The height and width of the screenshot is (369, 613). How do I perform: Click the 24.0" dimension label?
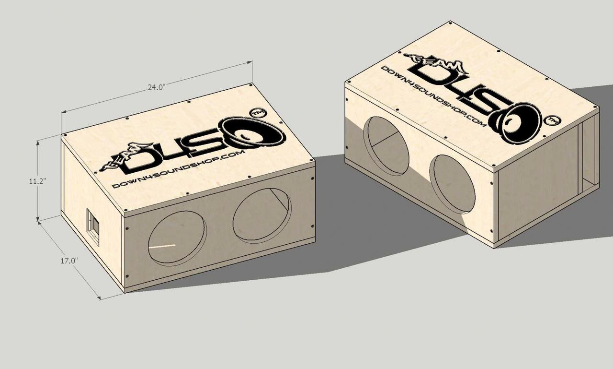(x=156, y=87)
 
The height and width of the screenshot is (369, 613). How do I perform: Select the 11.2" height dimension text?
(x=37, y=181)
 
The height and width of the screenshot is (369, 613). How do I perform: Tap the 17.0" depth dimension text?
(x=69, y=261)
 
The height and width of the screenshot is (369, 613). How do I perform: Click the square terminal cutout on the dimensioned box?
(x=93, y=226)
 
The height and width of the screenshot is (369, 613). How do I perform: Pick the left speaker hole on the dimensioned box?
(x=177, y=238)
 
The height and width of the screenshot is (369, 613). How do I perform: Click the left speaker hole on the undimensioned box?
(x=387, y=145)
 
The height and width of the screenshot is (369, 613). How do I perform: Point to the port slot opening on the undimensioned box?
(x=589, y=155)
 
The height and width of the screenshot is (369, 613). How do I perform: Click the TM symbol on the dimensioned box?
(x=258, y=113)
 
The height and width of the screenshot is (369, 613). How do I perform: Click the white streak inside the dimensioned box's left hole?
(x=162, y=246)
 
